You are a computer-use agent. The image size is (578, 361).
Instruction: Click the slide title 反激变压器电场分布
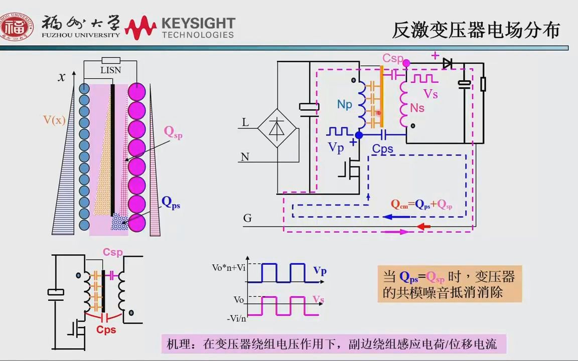475,31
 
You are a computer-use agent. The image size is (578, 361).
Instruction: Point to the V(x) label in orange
54,120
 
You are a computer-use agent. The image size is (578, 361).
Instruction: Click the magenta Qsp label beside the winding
173,132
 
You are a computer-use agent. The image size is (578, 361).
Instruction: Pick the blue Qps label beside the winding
171,203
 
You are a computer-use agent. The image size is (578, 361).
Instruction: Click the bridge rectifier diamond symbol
275,128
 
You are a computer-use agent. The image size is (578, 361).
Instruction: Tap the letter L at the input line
245,122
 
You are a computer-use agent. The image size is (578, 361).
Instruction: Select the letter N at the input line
245,157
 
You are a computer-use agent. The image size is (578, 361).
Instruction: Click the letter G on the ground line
247,218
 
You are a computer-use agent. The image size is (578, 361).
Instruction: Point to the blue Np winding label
345,104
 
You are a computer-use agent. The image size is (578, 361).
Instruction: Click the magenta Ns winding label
417,108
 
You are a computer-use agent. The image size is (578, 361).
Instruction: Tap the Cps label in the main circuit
383,149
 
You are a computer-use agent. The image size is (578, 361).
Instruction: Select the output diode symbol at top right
447,63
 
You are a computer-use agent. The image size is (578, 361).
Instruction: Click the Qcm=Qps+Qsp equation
422,204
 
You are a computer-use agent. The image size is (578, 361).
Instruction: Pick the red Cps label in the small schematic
106,329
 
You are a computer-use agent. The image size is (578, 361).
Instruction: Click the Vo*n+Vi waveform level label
229,268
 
